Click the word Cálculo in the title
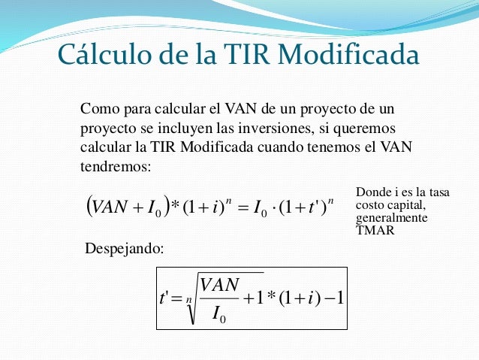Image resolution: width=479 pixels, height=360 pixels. click(99, 55)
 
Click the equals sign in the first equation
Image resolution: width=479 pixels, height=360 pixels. click(243, 204)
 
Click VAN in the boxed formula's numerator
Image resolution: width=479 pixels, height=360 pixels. click(220, 285)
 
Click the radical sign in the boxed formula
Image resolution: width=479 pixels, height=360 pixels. click(190, 299)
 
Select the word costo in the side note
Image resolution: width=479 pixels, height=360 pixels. click(368, 205)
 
